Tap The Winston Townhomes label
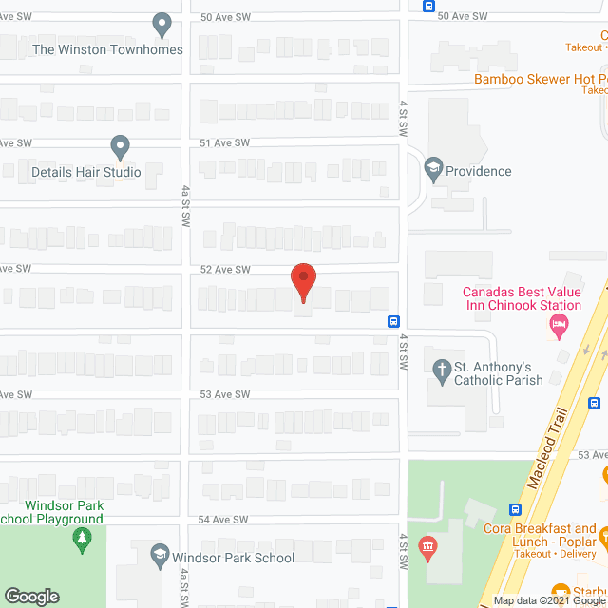pyautogui.click(x=107, y=49)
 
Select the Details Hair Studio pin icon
pyautogui.click(x=120, y=147)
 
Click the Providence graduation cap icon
pyautogui.click(x=434, y=171)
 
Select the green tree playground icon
pyautogui.click(x=82, y=541)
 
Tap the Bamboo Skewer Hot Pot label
pyautogui.click(x=541, y=79)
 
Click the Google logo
pyautogui.click(x=31, y=597)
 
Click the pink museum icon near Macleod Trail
pyautogui.click(x=427, y=548)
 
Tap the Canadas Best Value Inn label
pyautogui.click(x=522, y=298)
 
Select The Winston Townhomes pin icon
pyautogui.click(x=162, y=25)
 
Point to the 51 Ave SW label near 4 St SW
pyautogui.click(x=224, y=142)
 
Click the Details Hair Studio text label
pyautogui.click(x=86, y=172)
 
